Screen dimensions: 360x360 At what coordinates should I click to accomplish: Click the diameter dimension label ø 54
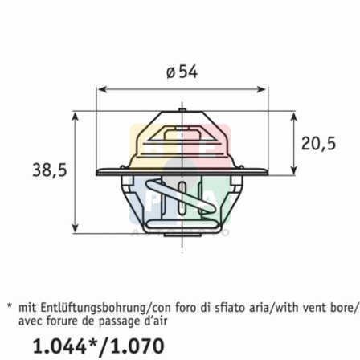182,72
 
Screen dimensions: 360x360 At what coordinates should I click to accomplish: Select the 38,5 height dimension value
50,170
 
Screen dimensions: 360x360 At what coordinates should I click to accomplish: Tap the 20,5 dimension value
318,143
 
